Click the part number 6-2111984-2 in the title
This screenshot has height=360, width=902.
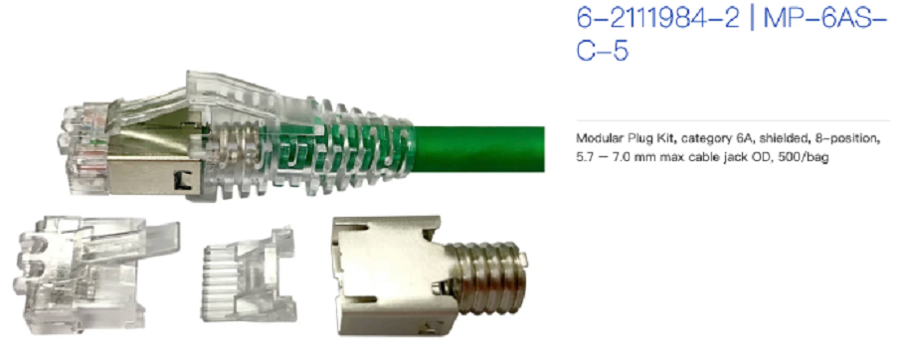pos(657,19)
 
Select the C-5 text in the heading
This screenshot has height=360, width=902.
pos(602,51)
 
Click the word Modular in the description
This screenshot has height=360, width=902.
pos(595,139)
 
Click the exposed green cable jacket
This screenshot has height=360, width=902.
pos(478,149)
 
